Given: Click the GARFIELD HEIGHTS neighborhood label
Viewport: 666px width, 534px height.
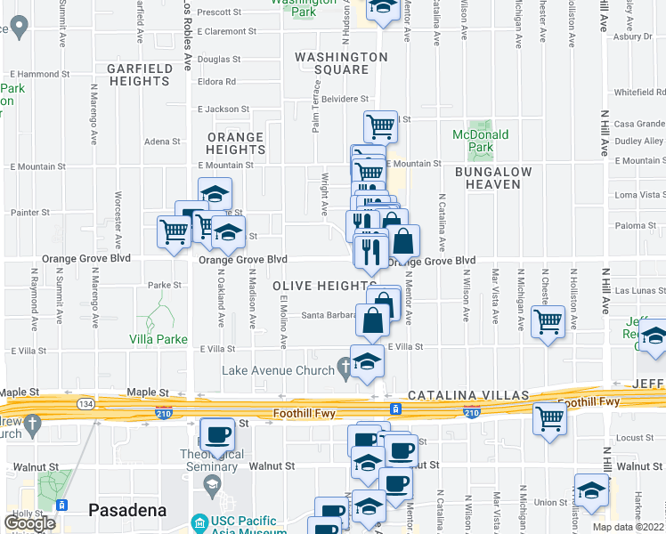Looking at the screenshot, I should pos(138,75).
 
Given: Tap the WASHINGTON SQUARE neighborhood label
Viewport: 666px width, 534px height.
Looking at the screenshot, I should pos(342,63).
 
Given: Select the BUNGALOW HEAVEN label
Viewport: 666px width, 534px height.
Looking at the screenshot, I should pos(493,178).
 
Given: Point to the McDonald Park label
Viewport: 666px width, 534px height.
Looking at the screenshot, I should pos(481,141).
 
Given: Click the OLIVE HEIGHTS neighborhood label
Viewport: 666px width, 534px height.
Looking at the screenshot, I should pos(319,285).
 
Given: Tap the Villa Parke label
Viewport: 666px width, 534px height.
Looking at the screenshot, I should pos(158,339).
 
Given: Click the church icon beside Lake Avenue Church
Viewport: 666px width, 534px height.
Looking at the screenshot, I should pos(345,369).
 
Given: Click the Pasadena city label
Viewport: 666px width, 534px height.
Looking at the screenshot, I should pos(128,510).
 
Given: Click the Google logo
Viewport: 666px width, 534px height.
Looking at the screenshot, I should pos(29,523).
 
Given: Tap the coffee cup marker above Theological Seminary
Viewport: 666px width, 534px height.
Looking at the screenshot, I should pos(217,435).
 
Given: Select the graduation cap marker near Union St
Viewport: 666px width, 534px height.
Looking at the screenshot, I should pos(591,490).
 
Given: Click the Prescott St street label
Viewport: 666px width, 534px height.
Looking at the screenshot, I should pos(220,12).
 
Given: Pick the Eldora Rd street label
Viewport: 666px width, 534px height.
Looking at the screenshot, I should pos(217,82).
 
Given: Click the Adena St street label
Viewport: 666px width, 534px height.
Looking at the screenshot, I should pos(162,141).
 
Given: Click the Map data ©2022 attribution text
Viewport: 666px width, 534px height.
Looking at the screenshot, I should pos(627,527).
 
